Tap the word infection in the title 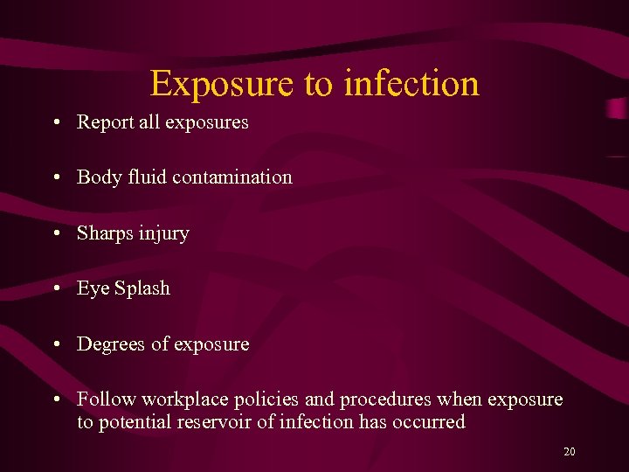(411, 84)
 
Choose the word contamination (232, 177)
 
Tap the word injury (165, 233)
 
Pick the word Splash (141, 288)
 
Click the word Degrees (111, 344)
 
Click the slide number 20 (570, 452)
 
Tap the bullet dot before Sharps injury (56, 233)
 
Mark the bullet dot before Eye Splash (56, 288)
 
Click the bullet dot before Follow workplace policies (56, 399)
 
